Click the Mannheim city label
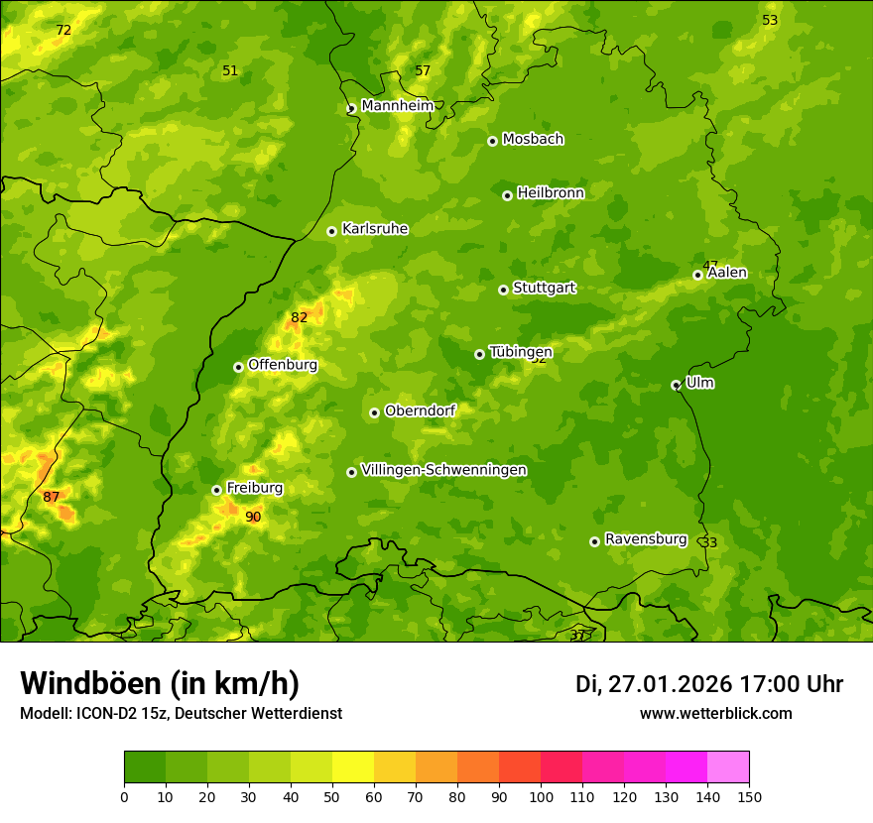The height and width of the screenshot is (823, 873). [x=397, y=106]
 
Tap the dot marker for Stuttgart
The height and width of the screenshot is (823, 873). [x=503, y=290]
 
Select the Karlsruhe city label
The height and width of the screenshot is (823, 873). [x=374, y=229]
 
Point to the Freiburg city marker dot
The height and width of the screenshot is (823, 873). [x=216, y=490]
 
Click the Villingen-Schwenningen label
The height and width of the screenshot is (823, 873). [x=443, y=470]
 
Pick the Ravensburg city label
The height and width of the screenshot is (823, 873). [x=645, y=539]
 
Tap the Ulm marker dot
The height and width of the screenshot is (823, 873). [x=676, y=385]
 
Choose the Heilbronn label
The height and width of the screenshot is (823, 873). [x=550, y=193]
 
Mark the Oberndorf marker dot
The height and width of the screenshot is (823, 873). [x=374, y=412]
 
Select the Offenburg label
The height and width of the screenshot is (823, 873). [x=282, y=365]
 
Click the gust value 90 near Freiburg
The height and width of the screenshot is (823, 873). [x=253, y=517]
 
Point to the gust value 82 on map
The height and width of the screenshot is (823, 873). [x=299, y=318]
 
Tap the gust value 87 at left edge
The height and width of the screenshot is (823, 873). [x=52, y=497]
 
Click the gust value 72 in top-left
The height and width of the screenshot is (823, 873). [x=63, y=31]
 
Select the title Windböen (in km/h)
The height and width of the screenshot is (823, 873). [x=160, y=683]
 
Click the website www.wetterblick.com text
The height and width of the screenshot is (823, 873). [x=715, y=714]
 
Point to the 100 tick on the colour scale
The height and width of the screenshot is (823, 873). [x=541, y=796]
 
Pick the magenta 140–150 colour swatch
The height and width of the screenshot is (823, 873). [x=728, y=767]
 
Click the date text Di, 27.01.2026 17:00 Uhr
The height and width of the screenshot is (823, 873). [x=708, y=684]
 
